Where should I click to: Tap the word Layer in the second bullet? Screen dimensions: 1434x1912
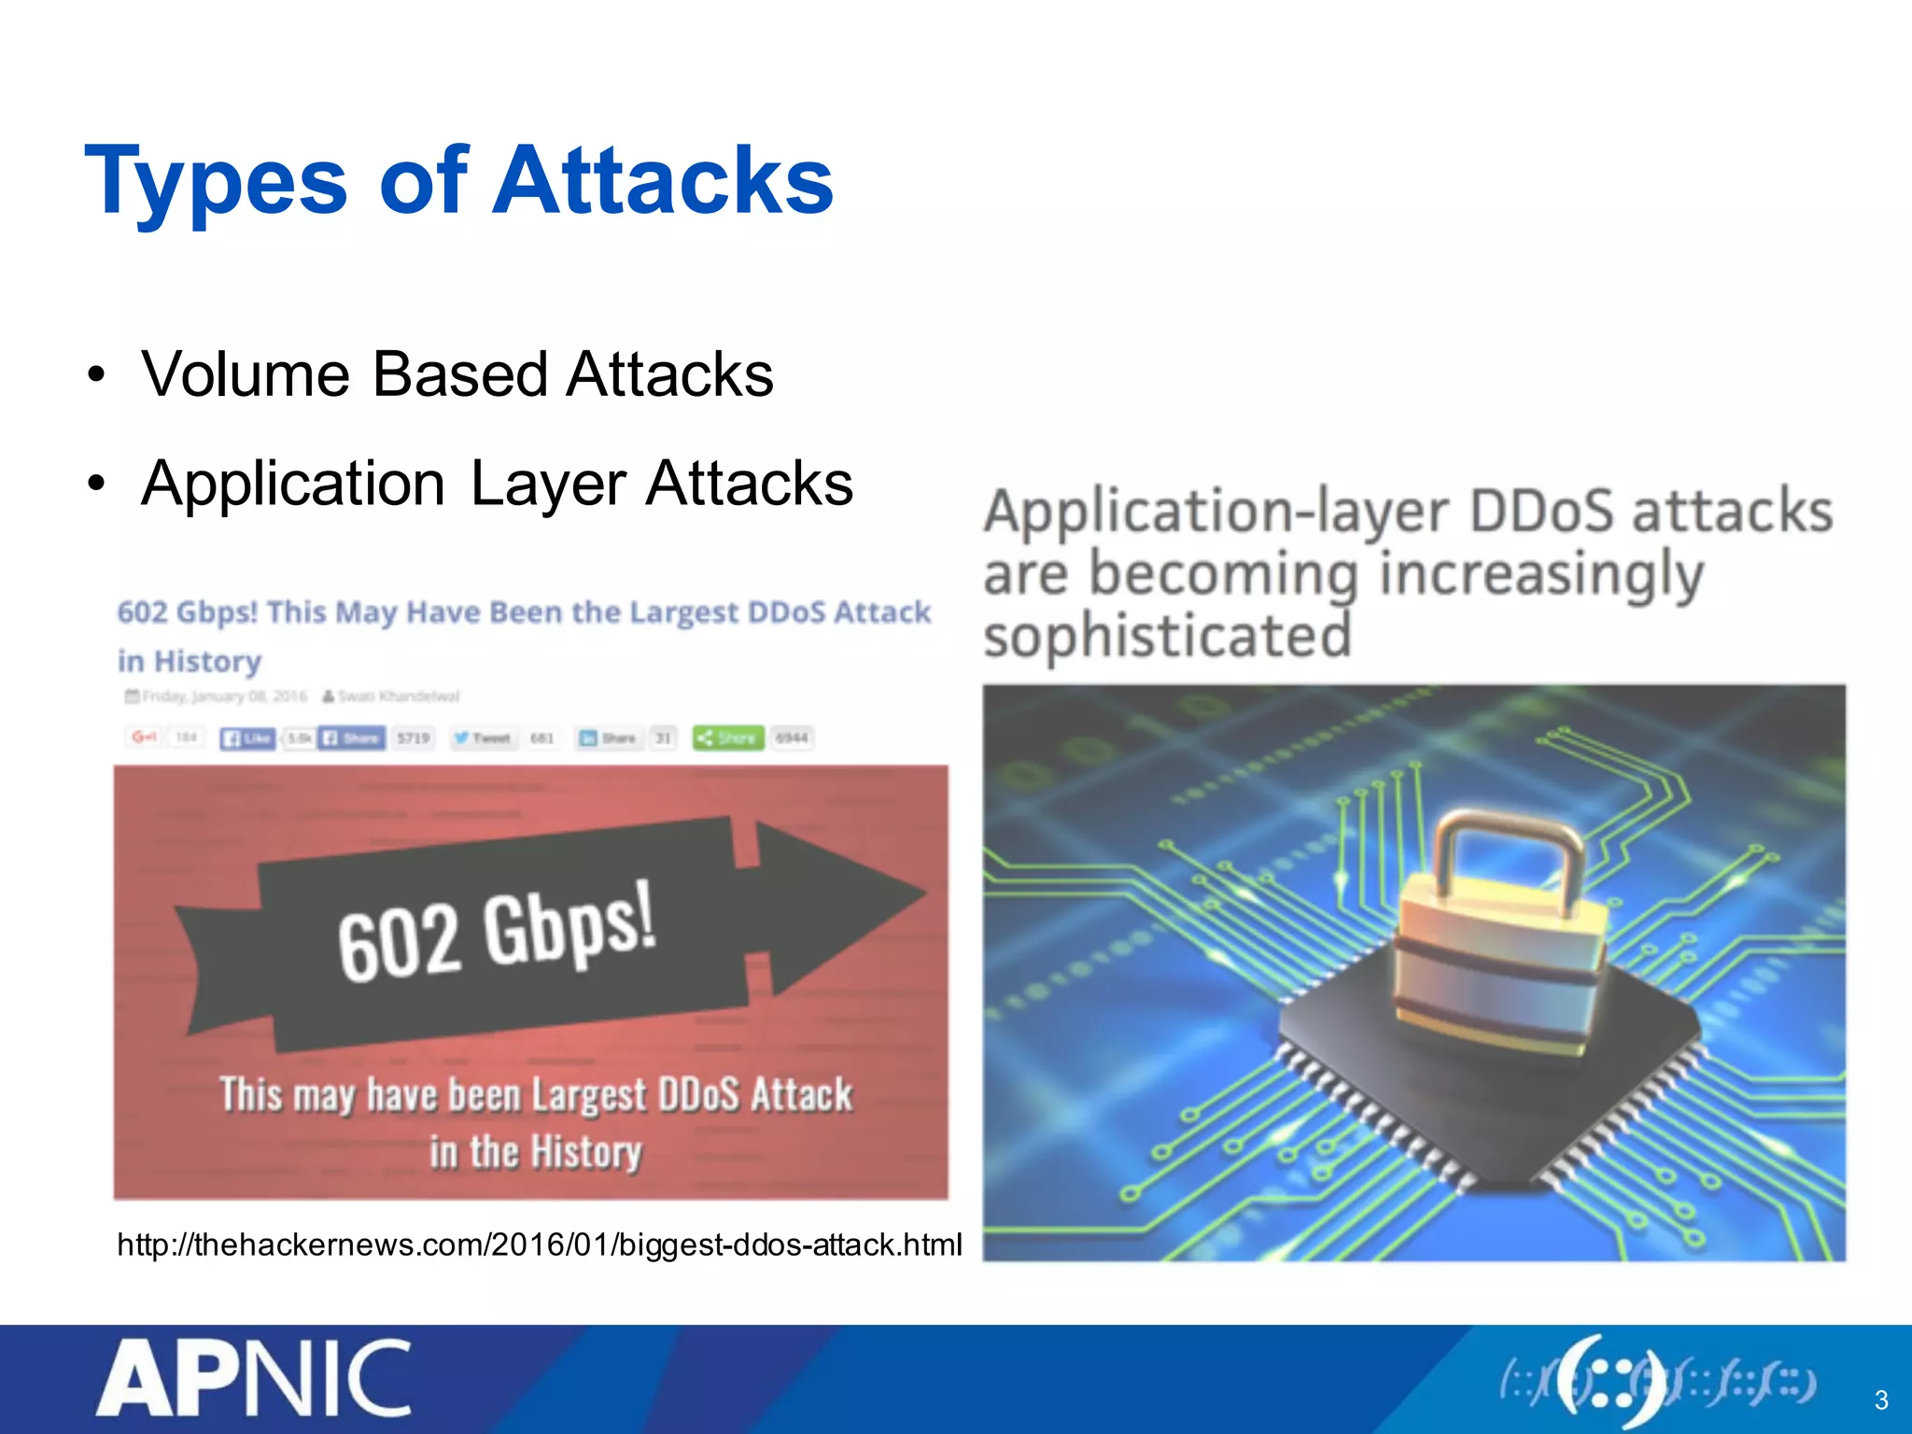[547, 485]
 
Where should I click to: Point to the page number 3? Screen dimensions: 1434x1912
[1880, 1399]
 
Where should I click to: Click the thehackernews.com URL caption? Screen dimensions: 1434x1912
[539, 1245]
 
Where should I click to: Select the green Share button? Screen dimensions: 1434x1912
[728, 738]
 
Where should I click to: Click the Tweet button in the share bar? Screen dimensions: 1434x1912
[482, 738]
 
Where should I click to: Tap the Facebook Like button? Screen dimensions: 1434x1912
[247, 738]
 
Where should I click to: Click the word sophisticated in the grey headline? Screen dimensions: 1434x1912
[1167, 637]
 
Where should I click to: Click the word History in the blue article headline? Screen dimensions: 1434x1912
[207, 661]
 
